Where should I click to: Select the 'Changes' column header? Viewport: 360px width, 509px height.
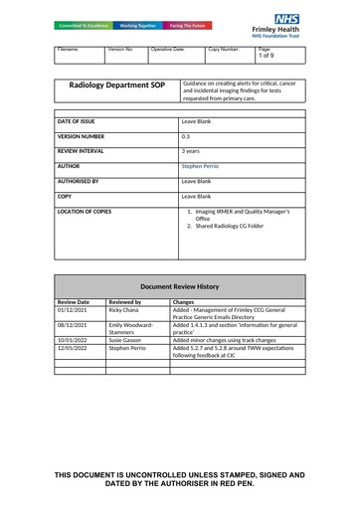click(x=183, y=300)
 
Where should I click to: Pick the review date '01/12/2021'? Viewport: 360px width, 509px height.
click(x=74, y=310)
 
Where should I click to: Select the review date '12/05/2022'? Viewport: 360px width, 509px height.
click(x=74, y=349)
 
